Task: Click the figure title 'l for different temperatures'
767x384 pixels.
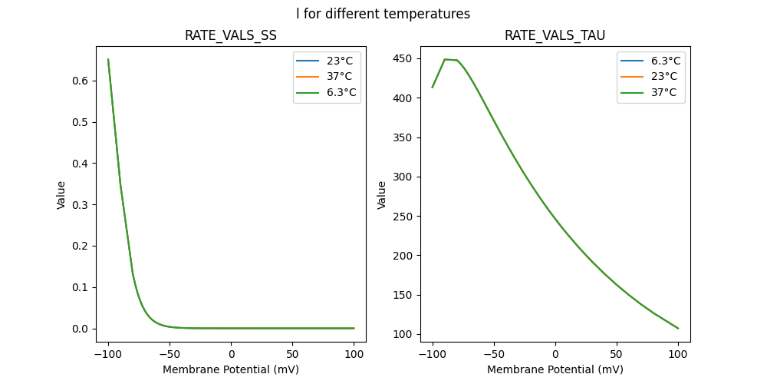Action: [x=383, y=14]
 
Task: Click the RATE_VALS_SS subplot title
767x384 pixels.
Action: [x=230, y=36]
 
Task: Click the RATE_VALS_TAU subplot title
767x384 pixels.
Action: [x=555, y=36]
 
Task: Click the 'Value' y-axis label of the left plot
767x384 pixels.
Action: [x=61, y=195]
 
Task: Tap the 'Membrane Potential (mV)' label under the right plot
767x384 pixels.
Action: [x=555, y=369]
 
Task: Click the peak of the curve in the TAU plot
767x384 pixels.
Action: [x=446, y=59]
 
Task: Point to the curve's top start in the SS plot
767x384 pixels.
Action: [x=108, y=59]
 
